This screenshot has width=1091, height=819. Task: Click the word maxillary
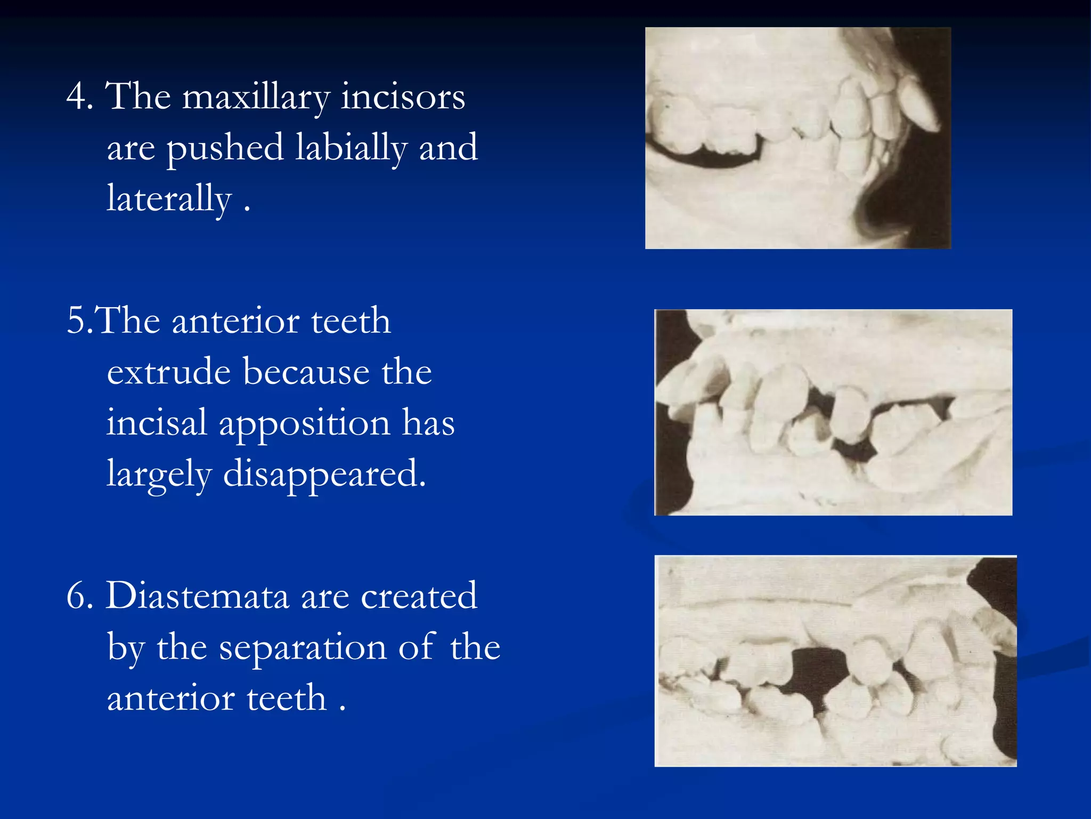click(x=256, y=98)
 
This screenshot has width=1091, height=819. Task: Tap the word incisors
click(x=403, y=98)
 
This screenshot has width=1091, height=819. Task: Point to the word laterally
click(x=169, y=199)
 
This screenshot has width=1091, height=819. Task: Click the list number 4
click(x=79, y=98)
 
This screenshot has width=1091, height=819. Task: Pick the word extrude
click(x=169, y=372)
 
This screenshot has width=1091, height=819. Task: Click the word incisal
click(x=157, y=422)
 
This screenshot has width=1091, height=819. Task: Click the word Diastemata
click(x=197, y=596)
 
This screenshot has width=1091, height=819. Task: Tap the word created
click(x=419, y=596)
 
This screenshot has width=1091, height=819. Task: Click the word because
click(x=306, y=372)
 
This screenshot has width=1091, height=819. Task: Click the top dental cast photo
click(x=797, y=138)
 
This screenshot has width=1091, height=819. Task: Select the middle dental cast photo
click(x=833, y=412)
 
